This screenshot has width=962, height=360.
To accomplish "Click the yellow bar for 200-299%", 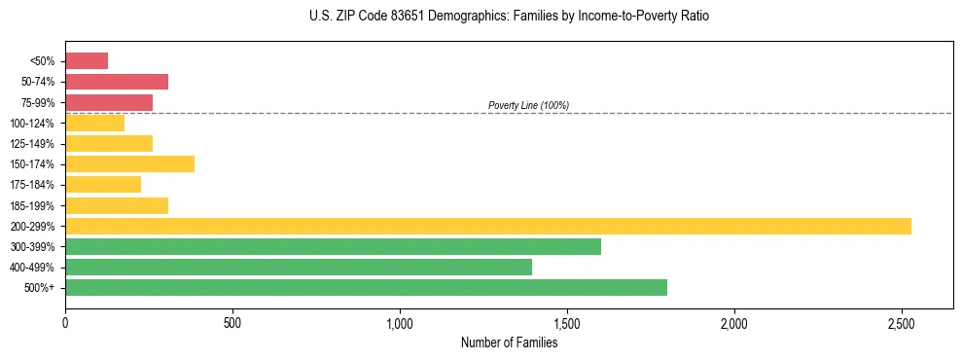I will [487, 226].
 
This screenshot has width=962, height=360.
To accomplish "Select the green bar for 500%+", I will [366, 287].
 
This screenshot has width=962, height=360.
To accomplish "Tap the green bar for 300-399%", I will [333, 246].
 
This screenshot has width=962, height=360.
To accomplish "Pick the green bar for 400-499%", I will [298, 267].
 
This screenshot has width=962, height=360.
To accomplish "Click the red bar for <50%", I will [87, 61].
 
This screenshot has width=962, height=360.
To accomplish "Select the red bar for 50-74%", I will [117, 82].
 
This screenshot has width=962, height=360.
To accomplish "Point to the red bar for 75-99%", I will [109, 102].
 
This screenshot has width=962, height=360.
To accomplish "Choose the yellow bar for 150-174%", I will [129, 163].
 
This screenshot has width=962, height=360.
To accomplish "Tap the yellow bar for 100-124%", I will [94, 123].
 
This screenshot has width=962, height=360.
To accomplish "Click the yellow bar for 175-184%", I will [103, 184].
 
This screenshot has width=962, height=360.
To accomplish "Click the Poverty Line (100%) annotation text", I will [528, 105].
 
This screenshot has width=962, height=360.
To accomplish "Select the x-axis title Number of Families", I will [509, 342].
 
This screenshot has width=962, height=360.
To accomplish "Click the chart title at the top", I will [509, 17].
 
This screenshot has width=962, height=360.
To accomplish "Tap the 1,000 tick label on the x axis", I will [400, 323].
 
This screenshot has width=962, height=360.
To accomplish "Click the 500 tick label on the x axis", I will [232, 323].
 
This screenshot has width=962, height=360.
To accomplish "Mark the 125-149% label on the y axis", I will [32, 144].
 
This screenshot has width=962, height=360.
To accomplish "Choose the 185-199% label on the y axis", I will [32, 205].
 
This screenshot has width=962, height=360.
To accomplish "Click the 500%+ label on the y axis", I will [40, 288].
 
